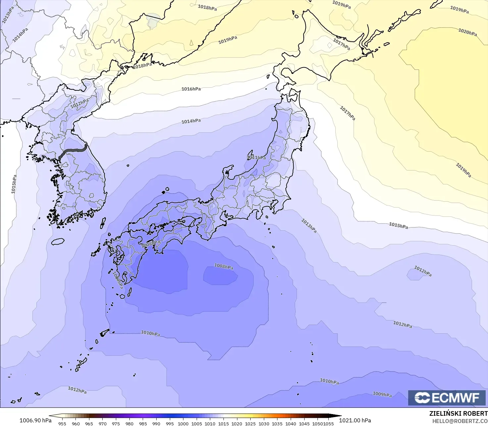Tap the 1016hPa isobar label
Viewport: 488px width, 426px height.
point(191,89)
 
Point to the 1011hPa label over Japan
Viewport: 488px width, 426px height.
point(257,158)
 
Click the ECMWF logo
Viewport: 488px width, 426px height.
point(447,398)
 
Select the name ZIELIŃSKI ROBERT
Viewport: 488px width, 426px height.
point(458,413)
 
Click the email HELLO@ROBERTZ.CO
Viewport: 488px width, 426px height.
point(460,421)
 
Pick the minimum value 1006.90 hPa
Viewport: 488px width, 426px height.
point(35,420)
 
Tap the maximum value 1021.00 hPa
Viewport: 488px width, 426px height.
point(355,420)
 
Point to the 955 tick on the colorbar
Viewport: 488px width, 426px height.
point(62,423)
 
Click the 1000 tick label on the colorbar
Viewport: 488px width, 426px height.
point(183,423)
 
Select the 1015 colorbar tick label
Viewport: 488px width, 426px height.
point(223,423)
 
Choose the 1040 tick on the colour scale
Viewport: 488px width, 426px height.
point(291,423)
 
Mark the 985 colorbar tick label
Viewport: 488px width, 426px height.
point(143,423)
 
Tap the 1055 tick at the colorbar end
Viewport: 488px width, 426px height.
point(329,423)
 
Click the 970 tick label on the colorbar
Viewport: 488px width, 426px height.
point(102,423)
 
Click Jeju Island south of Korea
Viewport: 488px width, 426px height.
point(58,242)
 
